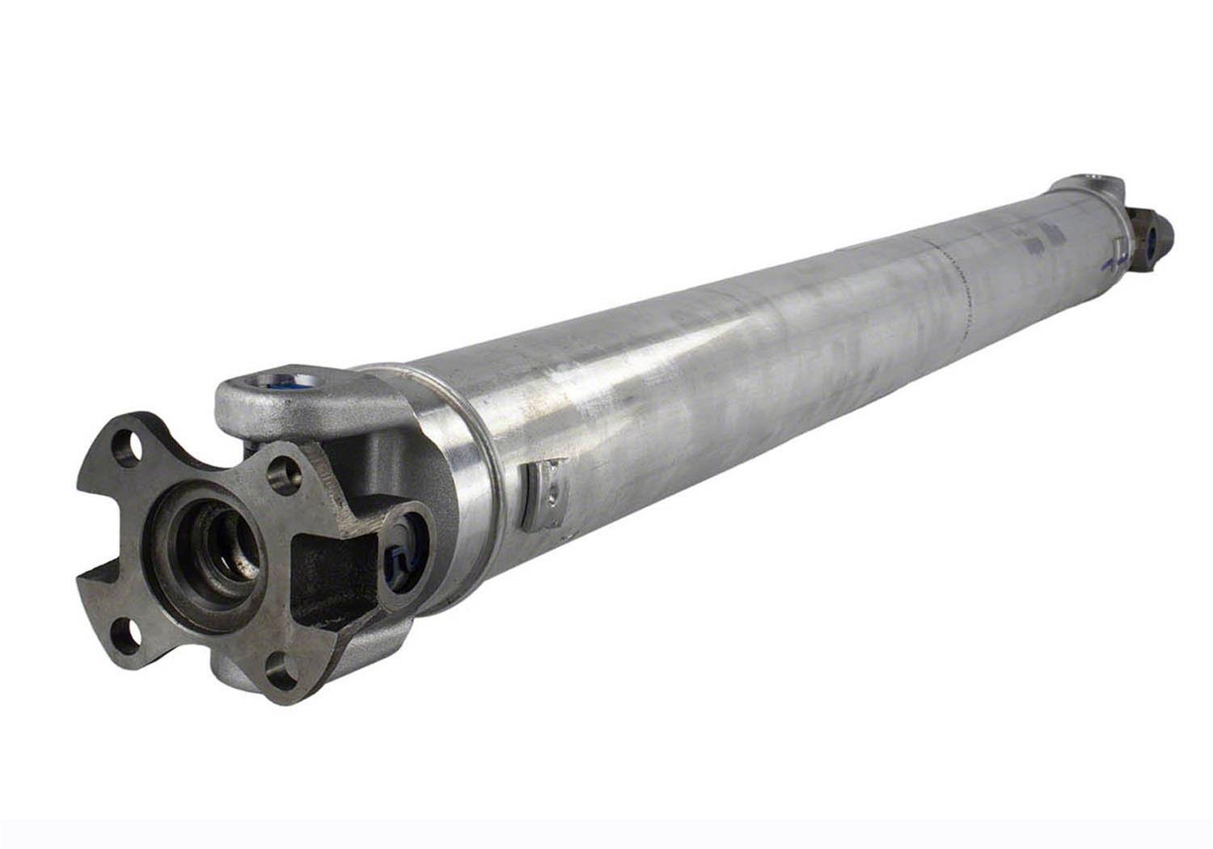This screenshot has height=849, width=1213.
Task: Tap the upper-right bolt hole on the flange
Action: click(x=284, y=476)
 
